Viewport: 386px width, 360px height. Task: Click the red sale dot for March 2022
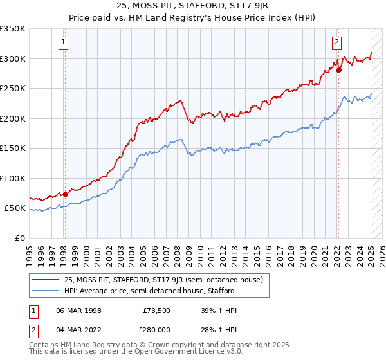(338, 70)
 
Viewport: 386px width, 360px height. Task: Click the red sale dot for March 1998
(65, 194)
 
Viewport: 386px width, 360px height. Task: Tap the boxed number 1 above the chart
(64, 43)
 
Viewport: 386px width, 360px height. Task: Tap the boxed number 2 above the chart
(336, 43)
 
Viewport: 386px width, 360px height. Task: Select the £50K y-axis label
(15, 208)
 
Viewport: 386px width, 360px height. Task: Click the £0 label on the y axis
(19, 239)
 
